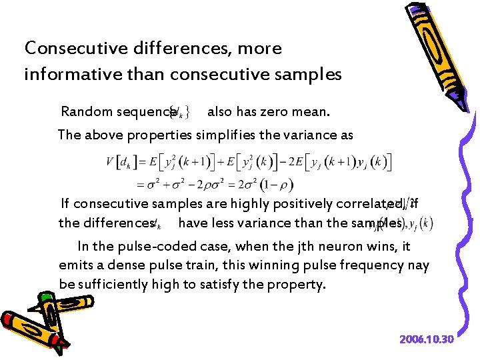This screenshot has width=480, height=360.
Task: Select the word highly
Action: tap(239, 203)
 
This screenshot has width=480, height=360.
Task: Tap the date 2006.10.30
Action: tap(427, 339)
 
